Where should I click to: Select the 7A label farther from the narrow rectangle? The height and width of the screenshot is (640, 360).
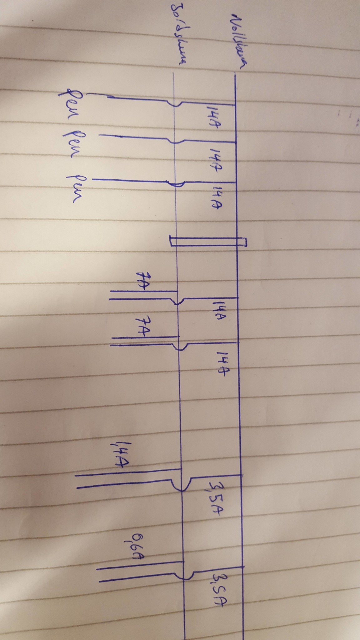(142, 327)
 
